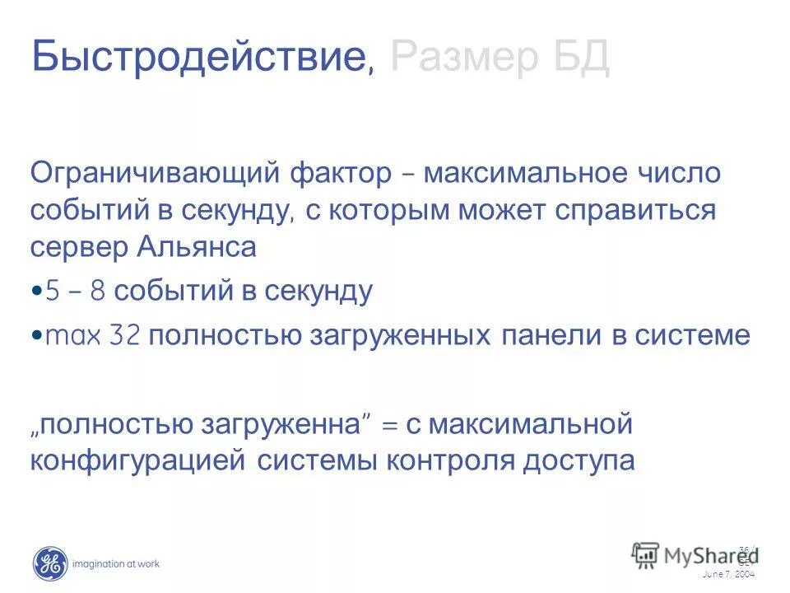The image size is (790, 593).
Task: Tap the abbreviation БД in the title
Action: pos(581,58)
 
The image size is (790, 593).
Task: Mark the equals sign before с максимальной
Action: pos(390,427)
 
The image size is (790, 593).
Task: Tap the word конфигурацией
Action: pos(138,461)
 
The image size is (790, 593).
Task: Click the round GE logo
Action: pos(50,563)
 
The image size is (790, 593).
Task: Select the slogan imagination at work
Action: pos(116,564)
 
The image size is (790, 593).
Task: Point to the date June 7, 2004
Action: pos(728,574)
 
